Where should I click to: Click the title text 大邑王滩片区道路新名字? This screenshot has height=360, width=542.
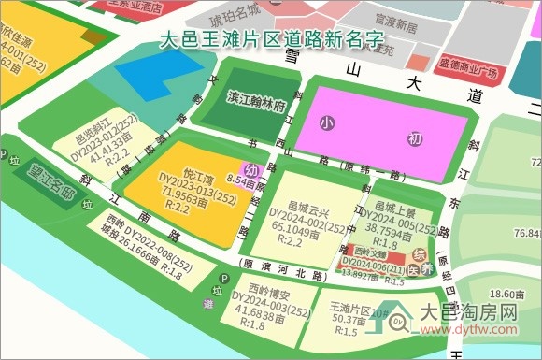(x=271, y=40)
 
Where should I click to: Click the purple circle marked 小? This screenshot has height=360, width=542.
(x=325, y=122)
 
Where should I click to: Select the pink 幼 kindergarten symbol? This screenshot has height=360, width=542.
(x=250, y=171)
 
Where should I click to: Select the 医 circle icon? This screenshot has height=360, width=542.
(x=426, y=269)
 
